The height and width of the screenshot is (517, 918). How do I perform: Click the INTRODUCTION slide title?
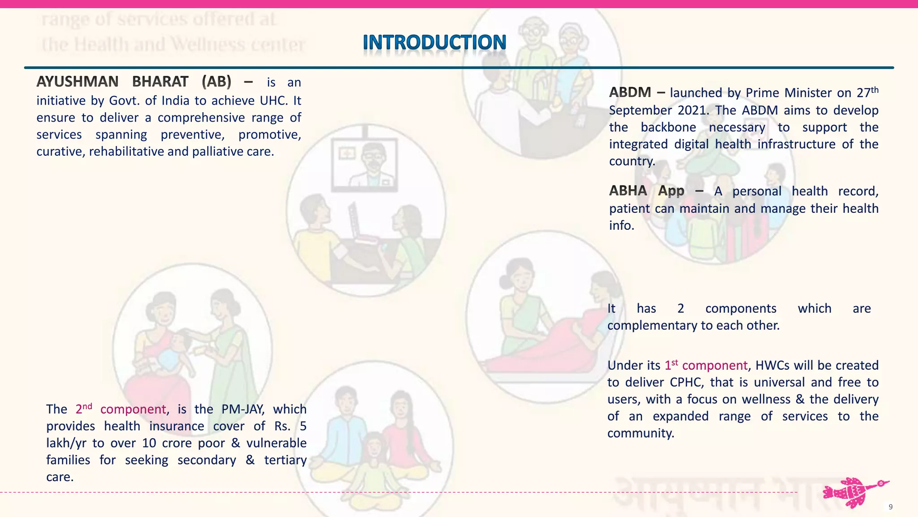pos(434,43)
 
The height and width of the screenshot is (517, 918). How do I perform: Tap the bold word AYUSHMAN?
pos(77,82)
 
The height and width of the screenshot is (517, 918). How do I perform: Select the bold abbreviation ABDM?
pos(630,92)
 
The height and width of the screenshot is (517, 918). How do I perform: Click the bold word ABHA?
pos(628,191)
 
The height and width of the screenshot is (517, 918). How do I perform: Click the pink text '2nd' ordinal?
pos(83,408)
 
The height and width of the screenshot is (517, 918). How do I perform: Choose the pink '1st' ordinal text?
pos(671,365)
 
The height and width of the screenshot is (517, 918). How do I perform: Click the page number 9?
pos(890,507)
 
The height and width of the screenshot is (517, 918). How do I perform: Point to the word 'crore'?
pos(179,443)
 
